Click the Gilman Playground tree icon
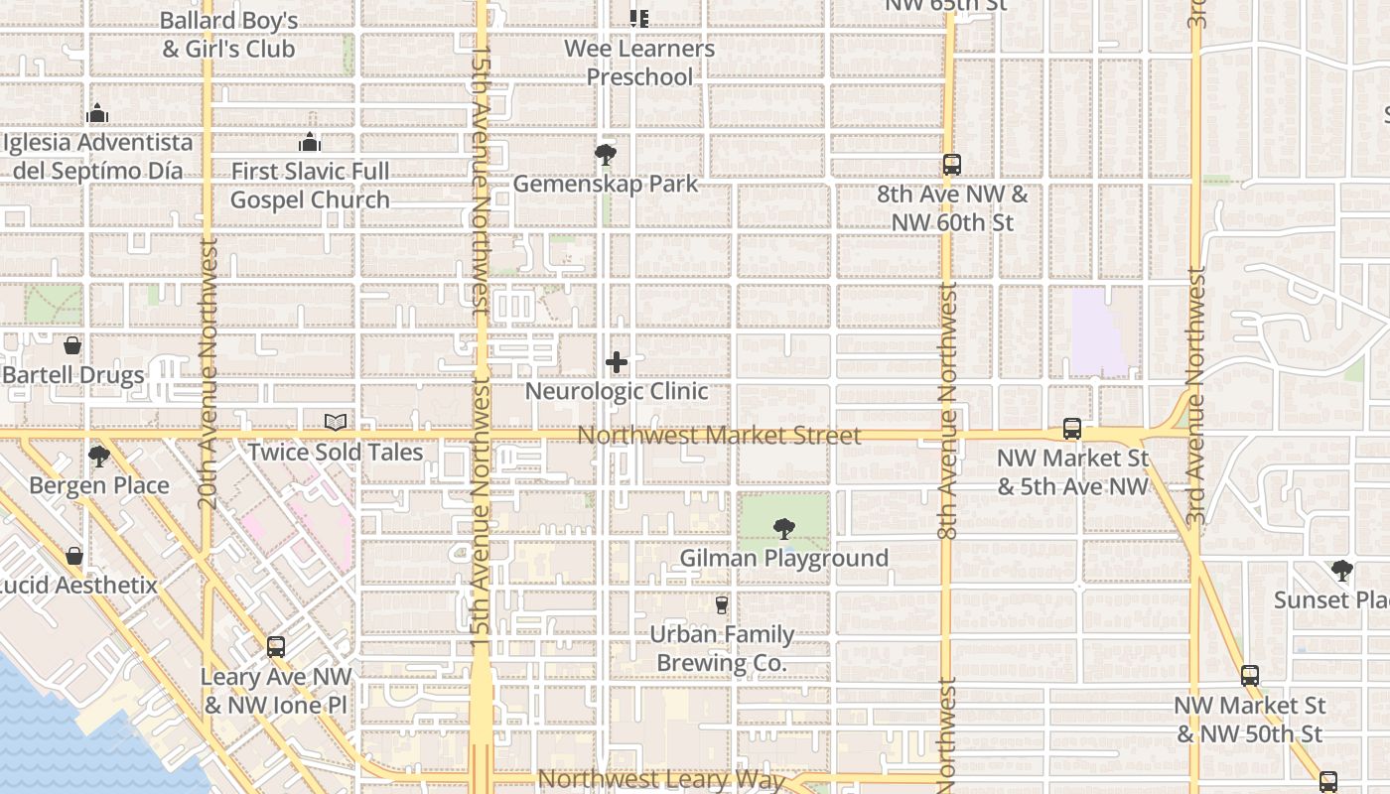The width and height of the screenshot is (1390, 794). coord(784,528)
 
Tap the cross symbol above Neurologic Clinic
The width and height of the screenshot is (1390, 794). coord(617,362)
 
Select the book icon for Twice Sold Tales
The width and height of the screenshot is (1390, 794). coord(336,423)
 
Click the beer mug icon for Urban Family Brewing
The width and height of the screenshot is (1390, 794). coord(722,604)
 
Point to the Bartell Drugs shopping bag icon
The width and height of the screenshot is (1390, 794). coord(72,345)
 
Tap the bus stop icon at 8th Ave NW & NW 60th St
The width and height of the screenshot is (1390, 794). coord(951,165)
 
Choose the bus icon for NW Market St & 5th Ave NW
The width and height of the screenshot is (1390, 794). coord(1072,429)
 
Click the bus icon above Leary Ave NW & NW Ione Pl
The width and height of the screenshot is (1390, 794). coord(276,647)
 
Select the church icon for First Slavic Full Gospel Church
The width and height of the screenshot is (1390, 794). coord(310,142)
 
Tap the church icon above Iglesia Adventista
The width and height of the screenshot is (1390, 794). coord(97,113)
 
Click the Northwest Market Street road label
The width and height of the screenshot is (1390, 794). coord(719,436)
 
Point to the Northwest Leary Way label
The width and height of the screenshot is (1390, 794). coord(661,779)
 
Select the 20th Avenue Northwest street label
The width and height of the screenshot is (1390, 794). coord(208,372)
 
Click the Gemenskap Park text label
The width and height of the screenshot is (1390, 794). coord(606,184)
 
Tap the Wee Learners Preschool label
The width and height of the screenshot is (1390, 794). coord(639,63)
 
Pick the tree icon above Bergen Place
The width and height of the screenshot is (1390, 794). coord(98,457)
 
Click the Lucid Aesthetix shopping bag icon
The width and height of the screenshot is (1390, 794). coord(74,556)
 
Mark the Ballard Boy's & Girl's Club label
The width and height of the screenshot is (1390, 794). coord(228,34)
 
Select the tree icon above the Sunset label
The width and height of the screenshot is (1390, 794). coord(1342,571)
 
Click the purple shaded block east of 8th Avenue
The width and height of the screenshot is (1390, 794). coord(1100,332)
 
